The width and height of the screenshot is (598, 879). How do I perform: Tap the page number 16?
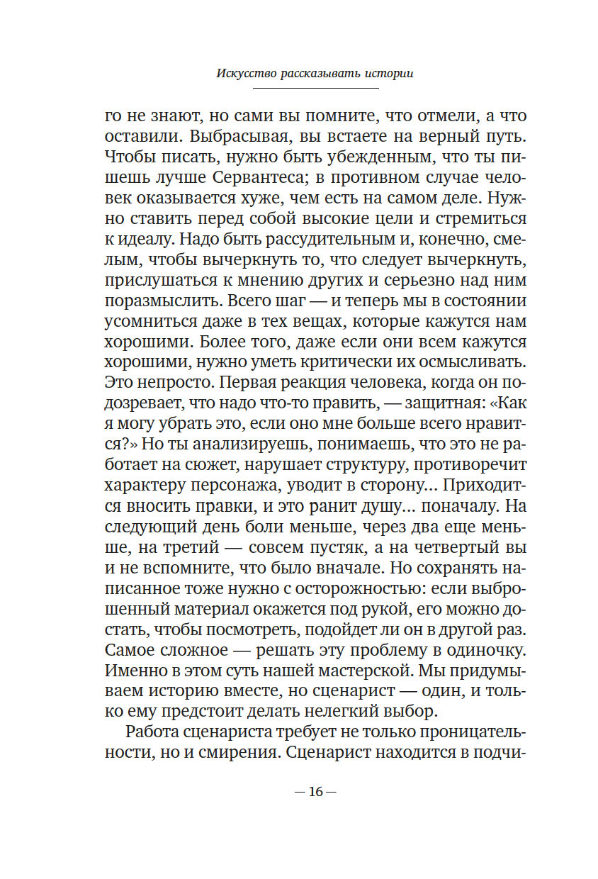pos(315,792)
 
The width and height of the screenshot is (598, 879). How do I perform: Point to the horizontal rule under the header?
pos(315,88)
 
